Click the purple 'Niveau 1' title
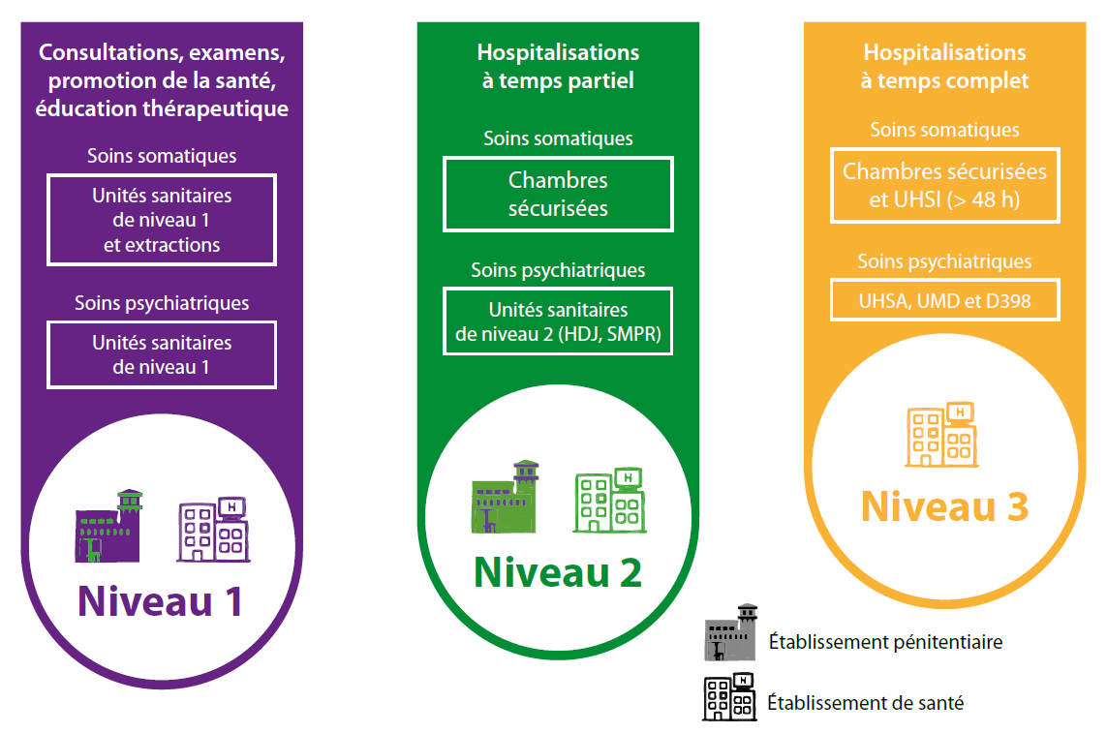click(161, 600)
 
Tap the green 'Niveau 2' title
click(557, 571)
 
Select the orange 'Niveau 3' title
click(944, 506)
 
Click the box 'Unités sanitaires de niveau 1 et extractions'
click(162, 220)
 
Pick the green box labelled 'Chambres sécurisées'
click(558, 194)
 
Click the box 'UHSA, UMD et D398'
click(944, 300)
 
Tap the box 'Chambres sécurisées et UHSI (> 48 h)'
click(944, 185)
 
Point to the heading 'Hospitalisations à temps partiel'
click(558, 66)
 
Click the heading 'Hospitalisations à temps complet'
click(944, 66)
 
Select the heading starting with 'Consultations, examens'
click(162, 79)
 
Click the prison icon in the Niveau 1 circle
click(108, 528)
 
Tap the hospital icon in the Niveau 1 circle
click(213, 530)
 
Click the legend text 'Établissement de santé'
click(865, 703)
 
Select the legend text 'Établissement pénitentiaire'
click(885, 641)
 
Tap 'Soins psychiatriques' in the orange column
click(944, 261)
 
